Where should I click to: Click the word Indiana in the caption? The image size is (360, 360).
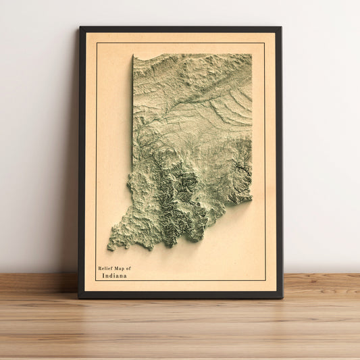point(115,276)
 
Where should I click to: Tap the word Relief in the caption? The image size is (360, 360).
point(105,269)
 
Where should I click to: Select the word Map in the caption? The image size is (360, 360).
point(120,269)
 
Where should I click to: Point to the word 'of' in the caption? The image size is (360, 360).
point(129,269)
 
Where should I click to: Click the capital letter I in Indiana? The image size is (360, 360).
point(104,276)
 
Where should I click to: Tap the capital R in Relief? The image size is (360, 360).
point(99,269)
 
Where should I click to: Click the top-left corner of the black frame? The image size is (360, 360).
point(80,27)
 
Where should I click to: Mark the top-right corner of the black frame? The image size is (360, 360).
point(281,27)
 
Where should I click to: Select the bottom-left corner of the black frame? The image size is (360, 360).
point(78,298)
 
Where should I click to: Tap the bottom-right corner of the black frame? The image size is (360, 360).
point(282,298)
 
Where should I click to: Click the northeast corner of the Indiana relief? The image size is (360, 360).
point(251,55)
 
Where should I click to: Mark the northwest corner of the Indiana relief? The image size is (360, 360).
point(134,55)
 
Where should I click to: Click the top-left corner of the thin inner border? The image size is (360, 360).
point(96,43)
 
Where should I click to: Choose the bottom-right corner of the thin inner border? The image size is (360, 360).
point(265,280)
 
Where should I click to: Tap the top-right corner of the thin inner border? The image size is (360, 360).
point(265,43)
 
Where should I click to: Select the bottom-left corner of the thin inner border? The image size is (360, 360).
point(96,280)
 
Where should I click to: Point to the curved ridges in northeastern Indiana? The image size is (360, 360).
point(233,108)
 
